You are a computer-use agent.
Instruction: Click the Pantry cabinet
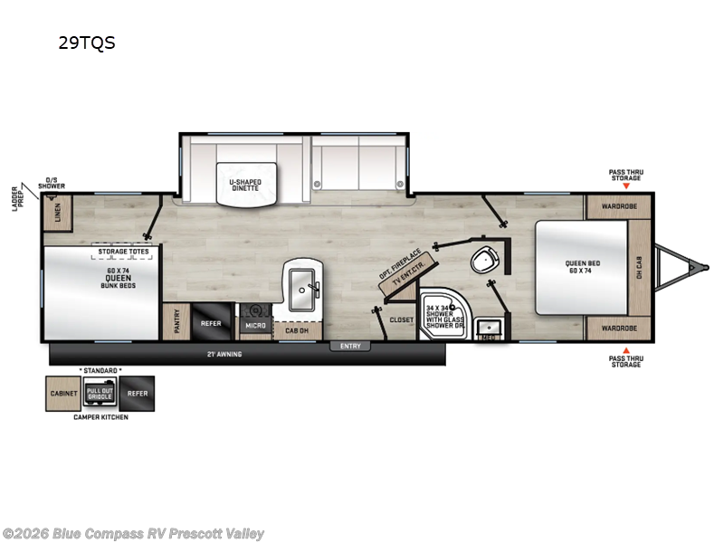(x=174, y=322)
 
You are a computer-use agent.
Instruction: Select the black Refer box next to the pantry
(x=211, y=322)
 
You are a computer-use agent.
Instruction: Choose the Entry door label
(x=350, y=346)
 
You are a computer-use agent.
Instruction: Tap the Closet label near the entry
(x=401, y=319)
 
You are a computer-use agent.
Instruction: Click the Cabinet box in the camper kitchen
(x=62, y=393)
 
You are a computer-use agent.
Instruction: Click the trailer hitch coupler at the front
(x=695, y=267)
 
